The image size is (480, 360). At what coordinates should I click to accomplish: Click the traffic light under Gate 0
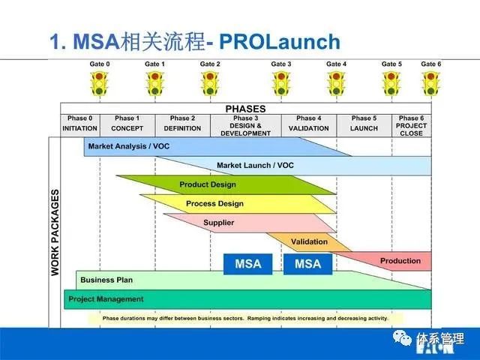[98, 83]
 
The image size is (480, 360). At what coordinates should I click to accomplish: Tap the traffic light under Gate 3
[281, 83]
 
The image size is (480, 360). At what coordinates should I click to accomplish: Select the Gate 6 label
[430, 64]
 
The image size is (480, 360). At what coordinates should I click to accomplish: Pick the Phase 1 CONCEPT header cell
[127, 123]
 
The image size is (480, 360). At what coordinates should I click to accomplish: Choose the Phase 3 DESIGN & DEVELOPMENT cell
[244, 125]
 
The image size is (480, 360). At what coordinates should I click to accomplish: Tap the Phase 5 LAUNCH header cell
[364, 123]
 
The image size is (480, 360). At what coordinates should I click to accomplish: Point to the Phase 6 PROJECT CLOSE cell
[410, 125]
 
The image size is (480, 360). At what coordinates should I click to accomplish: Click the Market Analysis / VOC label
[128, 146]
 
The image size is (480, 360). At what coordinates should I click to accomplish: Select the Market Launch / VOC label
[254, 165]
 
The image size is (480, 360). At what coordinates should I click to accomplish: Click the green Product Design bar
[208, 184]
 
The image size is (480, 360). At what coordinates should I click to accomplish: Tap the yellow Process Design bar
[214, 204]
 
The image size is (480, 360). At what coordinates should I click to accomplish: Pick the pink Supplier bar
[219, 223]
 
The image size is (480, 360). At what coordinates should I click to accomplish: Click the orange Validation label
[309, 241]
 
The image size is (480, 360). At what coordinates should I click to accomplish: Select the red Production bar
[400, 261]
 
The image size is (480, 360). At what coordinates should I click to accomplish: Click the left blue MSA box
[247, 264]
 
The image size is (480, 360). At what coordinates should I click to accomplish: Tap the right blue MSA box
[307, 264]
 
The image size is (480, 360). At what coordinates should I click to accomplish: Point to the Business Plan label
[106, 280]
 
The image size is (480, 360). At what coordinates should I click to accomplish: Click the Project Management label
[106, 299]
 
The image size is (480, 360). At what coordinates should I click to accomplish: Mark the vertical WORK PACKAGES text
[55, 232]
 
